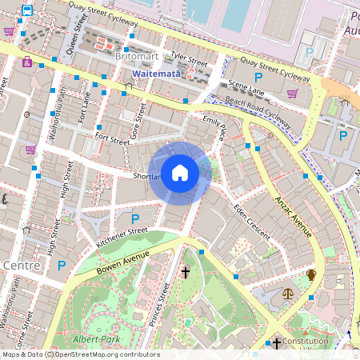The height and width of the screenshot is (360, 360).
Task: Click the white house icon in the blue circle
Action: coord(180,172)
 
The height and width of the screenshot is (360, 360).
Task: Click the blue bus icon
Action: coord(27,11)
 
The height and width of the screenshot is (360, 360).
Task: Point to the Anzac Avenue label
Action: coord(293,215)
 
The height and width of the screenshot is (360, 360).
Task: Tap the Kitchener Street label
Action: coord(122,234)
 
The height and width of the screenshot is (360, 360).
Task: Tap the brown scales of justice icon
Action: coord(288,294)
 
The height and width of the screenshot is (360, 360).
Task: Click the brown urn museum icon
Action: coord(311,275)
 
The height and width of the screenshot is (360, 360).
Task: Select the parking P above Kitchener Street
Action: coord(135,218)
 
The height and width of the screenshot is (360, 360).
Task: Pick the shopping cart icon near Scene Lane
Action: coord(292,93)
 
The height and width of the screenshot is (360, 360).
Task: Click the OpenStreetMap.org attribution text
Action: coord(108,354)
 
